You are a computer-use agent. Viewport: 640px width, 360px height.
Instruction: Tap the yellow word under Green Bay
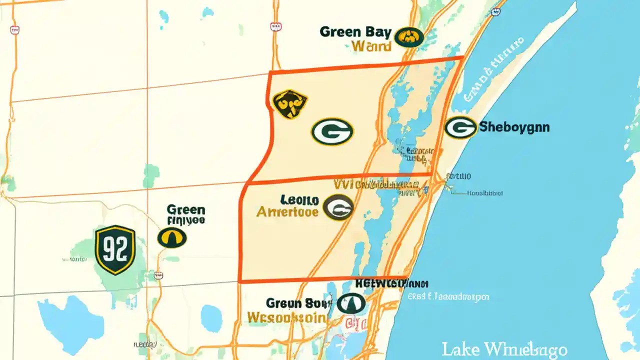tap(371, 47)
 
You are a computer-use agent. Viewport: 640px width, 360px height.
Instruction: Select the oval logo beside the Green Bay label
tap(408, 37)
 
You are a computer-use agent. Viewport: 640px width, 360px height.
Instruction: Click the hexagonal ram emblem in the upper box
tap(290, 104)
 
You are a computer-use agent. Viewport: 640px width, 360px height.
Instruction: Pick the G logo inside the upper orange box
tap(332, 132)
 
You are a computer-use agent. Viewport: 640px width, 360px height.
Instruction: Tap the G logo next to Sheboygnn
tap(460, 127)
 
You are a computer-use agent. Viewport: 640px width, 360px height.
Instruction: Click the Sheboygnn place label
tap(514, 127)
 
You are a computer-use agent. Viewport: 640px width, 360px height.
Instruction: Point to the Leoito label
tap(299, 200)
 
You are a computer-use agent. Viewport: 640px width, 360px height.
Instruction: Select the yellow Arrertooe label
tap(287, 212)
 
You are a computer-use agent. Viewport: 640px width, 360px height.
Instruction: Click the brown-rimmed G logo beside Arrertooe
tap(338, 207)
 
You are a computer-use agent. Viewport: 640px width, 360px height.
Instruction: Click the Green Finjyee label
tap(185, 214)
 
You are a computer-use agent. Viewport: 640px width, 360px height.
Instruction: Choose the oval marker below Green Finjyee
tap(172, 237)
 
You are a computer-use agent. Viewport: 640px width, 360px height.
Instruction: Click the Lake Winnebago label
tap(504, 348)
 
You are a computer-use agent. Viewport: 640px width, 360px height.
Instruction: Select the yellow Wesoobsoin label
tap(288, 317)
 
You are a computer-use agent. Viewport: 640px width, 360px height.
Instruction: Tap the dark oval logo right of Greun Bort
tap(351, 303)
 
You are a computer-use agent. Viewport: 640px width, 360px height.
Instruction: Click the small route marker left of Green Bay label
tap(274, 26)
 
